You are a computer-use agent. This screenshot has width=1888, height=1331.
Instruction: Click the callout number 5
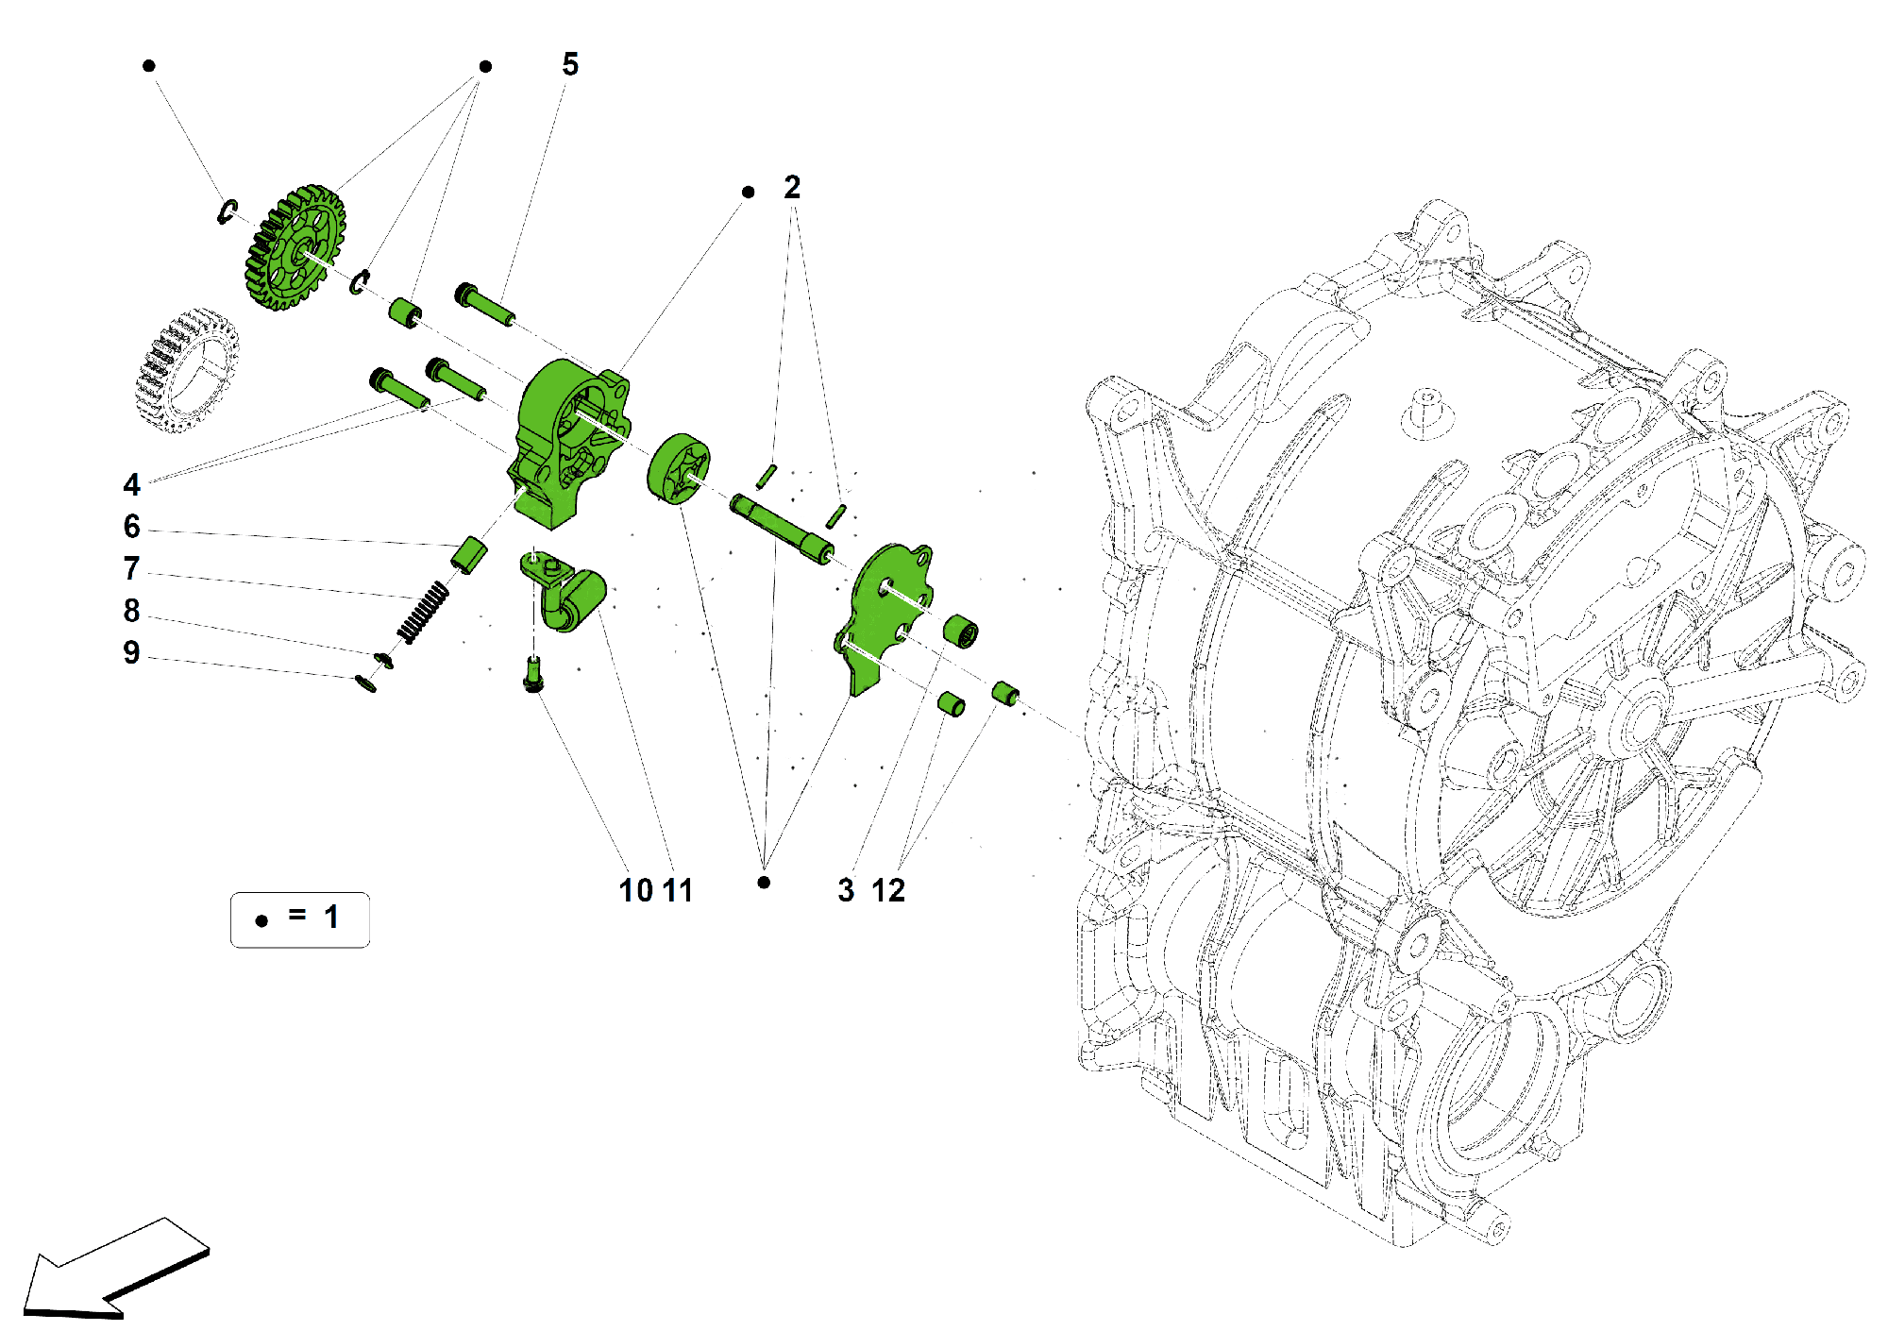570,64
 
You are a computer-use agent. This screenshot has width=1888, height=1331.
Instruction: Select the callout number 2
792,187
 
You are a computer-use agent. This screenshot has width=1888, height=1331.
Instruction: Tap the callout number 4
131,484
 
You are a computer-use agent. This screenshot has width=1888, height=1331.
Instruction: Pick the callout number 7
131,568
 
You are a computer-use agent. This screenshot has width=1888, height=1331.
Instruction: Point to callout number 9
131,652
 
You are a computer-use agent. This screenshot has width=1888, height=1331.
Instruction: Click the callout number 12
887,890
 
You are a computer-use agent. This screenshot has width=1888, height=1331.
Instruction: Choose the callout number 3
846,890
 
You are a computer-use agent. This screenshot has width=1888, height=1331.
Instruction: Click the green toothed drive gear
295,247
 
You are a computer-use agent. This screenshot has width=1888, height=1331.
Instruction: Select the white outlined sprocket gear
185,370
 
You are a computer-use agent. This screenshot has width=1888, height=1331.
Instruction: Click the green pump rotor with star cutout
680,469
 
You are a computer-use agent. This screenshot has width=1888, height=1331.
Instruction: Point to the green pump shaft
782,530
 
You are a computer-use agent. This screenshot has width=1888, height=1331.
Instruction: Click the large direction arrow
113,1270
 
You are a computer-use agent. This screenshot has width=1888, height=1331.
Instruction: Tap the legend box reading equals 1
299,918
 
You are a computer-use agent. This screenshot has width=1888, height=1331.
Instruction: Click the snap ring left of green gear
228,212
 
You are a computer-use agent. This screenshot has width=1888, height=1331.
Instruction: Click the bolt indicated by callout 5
484,304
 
